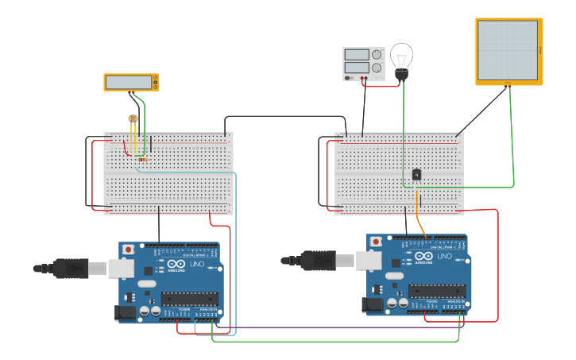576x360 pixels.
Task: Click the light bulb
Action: [402, 60]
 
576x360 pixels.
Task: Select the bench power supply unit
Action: [363, 64]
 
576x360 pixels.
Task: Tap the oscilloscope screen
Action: [508, 50]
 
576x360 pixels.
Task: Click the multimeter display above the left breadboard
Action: [131, 82]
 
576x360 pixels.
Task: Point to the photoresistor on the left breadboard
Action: [133, 121]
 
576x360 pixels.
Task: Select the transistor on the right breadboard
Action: [416, 175]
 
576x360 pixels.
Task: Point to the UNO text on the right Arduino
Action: [443, 256]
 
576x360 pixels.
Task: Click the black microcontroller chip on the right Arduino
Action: [437, 291]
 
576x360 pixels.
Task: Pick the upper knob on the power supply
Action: [377, 55]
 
